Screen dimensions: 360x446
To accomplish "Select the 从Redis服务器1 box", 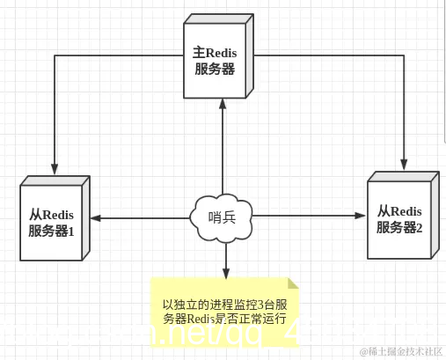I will (x=51, y=221).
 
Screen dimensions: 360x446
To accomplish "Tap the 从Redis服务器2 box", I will (x=399, y=218).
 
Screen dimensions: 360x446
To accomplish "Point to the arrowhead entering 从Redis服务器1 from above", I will (x=55, y=168).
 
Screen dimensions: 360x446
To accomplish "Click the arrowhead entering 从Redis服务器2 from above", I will (x=405, y=164).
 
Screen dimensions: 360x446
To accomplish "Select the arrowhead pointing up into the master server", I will (x=223, y=104).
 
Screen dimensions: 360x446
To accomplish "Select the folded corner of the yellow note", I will (x=293, y=283).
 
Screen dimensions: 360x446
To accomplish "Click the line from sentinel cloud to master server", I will (x=223, y=150).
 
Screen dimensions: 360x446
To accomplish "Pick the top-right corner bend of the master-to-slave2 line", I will (x=405, y=52).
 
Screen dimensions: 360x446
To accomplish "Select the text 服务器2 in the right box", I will (x=400, y=227).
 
